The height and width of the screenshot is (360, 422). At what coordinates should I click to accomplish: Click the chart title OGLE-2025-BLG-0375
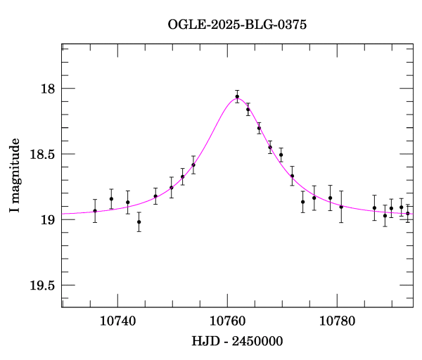pyautogui.click(x=237, y=25)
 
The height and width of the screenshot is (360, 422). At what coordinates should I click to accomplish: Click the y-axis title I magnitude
pyautogui.click(x=15, y=176)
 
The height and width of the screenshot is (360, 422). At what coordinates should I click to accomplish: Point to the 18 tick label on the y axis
pyautogui.click(x=47, y=89)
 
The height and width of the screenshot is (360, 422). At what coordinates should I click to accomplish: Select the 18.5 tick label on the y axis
pyautogui.click(x=42, y=154)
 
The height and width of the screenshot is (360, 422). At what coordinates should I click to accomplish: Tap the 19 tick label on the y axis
pyautogui.click(x=47, y=219)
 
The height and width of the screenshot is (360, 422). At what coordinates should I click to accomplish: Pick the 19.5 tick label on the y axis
pyautogui.click(x=42, y=285)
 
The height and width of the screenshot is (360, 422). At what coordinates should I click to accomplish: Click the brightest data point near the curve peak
pyautogui.click(x=238, y=96)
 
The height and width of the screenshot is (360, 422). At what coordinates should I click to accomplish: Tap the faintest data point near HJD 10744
pyautogui.click(x=139, y=222)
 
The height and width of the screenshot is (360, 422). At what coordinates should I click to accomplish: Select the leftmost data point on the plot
pyautogui.click(x=95, y=211)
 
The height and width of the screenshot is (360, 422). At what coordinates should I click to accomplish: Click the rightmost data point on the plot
pyautogui.click(x=408, y=213)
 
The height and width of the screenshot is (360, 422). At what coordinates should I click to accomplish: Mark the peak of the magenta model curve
pyautogui.click(x=234, y=99)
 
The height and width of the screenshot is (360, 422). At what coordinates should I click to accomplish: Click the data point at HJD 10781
pyautogui.click(x=341, y=207)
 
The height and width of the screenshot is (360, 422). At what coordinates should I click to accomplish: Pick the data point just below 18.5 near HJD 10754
pyautogui.click(x=193, y=165)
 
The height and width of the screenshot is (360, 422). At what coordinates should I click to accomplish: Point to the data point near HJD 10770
pyautogui.click(x=281, y=155)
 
